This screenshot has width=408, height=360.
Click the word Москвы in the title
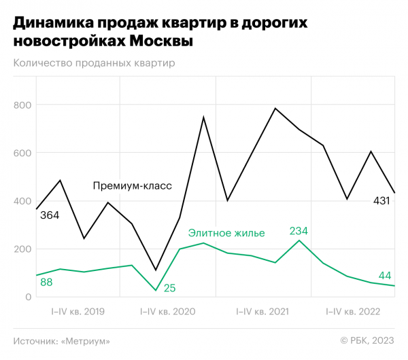(160, 41)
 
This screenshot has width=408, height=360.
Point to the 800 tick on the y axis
(23, 105)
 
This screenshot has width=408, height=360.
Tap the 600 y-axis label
(23, 153)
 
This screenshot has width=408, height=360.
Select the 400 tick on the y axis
(23, 201)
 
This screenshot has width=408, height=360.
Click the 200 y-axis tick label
(23, 249)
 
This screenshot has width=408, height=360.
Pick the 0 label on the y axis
(29, 297)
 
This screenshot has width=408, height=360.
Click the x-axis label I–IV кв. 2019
(78, 312)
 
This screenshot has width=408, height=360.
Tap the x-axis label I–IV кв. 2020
(167, 312)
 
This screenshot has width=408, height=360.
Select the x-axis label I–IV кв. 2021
(262, 312)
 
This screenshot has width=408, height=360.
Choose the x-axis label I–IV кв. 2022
(354, 312)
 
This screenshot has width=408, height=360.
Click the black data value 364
(49, 215)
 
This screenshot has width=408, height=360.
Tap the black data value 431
(381, 201)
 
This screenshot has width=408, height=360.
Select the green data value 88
(46, 282)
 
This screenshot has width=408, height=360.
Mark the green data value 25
(170, 288)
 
